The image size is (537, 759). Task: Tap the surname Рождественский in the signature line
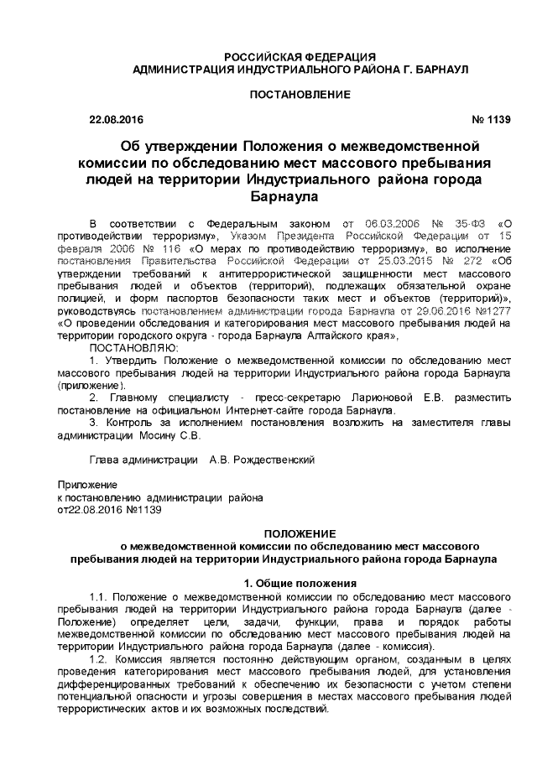[x=274, y=460]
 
